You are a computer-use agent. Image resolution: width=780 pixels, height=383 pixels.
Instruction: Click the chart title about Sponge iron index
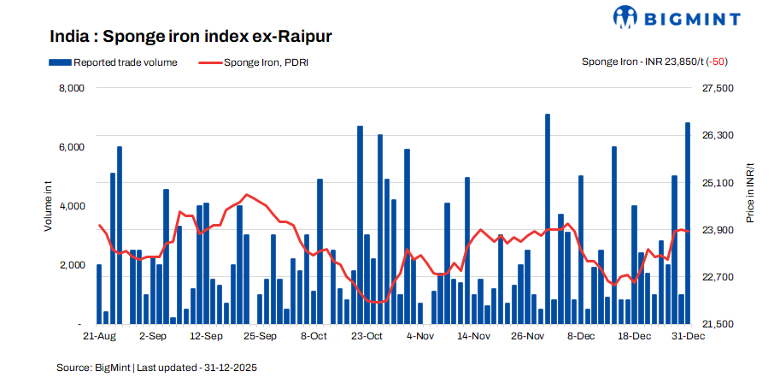tap(191, 37)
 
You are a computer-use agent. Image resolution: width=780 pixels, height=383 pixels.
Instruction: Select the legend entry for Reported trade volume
tap(113, 62)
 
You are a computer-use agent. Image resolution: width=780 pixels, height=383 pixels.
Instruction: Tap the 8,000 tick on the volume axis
tap(71, 88)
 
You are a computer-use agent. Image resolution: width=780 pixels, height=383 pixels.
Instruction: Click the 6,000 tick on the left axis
tap(71, 147)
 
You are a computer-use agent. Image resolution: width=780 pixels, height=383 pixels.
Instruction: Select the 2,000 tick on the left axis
tap(71, 266)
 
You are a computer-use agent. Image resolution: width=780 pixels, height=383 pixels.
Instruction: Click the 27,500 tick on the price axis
tap(717, 88)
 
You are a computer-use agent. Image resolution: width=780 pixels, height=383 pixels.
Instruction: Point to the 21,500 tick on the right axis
tap(717, 325)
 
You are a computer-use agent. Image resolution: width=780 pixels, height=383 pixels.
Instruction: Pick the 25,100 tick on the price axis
tap(717, 183)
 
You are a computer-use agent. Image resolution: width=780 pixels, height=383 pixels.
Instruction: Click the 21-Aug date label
tap(99, 337)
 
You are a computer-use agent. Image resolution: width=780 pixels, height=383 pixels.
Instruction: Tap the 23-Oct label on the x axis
tap(367, 337)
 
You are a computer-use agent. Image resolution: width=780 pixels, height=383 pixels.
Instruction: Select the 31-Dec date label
tap(688, 337)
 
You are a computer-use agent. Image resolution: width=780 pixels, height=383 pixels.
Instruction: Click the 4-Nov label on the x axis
tap(420, 337)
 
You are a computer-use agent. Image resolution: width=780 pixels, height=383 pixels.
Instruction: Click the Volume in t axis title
tap(49, 207)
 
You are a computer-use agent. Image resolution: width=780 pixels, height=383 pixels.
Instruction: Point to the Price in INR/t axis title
tap(750, 192)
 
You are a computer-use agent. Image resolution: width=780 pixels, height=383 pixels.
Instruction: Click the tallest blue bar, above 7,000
tap(548, 219)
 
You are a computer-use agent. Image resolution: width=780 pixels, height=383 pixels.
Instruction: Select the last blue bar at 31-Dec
tap(688, 224)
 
